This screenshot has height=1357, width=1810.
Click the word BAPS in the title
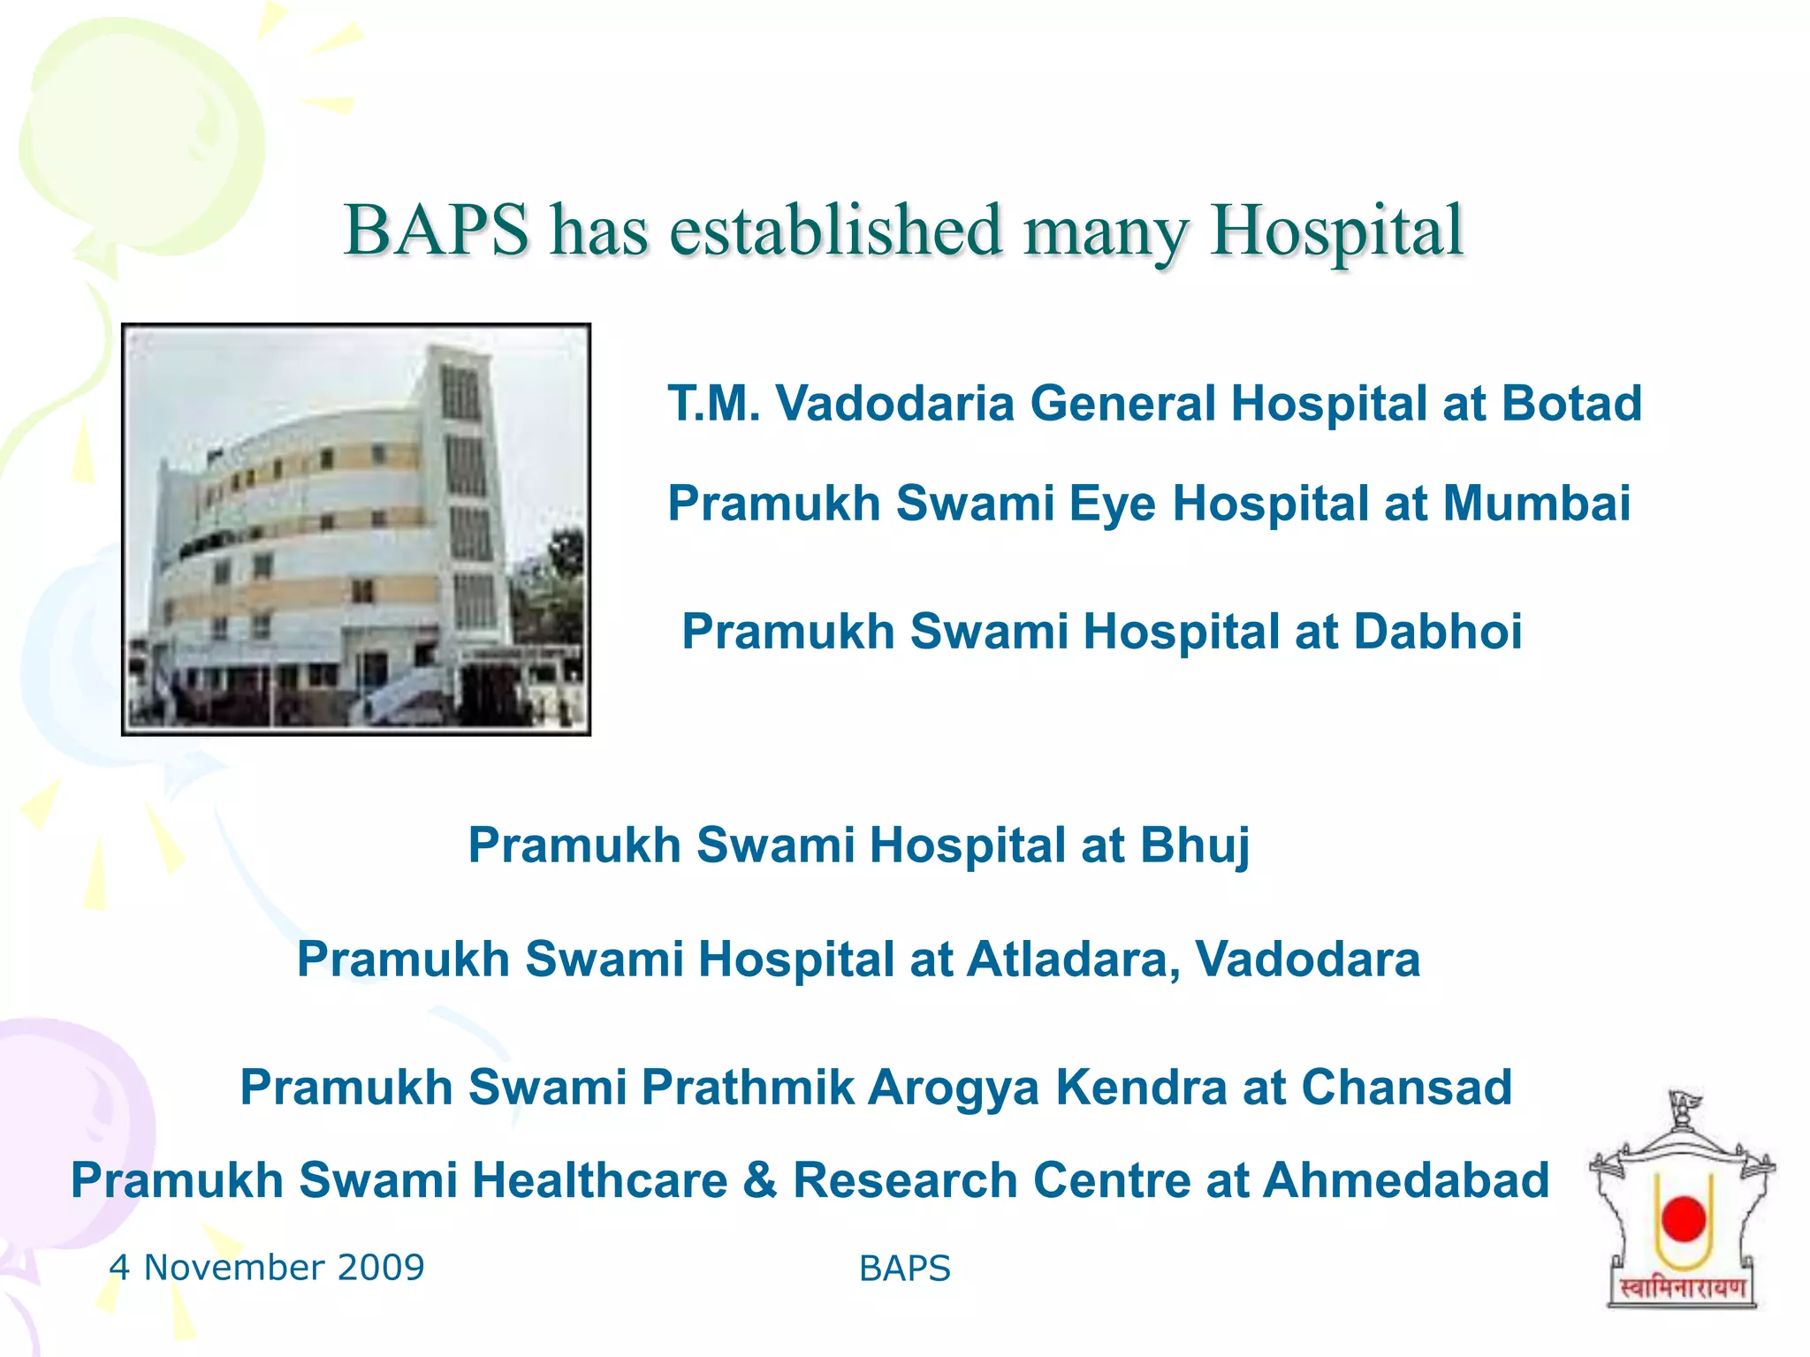pos(436,231)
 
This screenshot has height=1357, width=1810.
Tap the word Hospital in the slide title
pos(1336,231)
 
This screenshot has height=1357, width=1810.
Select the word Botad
pos(1570,404)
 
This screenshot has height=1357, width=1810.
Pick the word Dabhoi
pos(1437,632)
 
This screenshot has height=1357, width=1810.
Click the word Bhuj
pos(1195,845)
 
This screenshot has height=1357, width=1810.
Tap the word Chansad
pos(1406,1087)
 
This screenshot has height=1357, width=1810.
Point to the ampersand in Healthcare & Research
pos(760,1180)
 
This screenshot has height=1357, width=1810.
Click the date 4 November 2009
pos(267,1267)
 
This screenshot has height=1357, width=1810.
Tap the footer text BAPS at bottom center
pos(904,1269)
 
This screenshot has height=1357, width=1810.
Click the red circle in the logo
pos(1683,1218)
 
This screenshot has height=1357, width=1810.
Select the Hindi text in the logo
pos(1682,1288)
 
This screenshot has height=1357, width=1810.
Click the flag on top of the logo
pos(1685,1103)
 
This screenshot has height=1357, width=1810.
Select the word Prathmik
pos(748,1087)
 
